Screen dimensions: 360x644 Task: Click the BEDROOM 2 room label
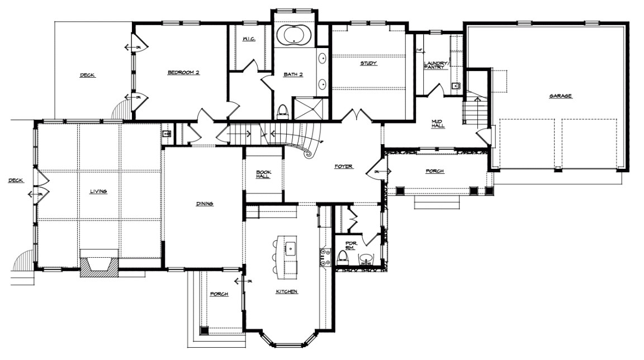click(183, 73)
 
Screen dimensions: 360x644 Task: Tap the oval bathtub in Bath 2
click(294, 36)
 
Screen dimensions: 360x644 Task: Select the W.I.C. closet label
click(249, 39)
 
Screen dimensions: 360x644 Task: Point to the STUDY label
click(368, 64)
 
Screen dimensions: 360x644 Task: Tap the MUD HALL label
click(438, 124)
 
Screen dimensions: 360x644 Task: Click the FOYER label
click(343, 167)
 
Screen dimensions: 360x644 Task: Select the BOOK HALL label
click(263, 174)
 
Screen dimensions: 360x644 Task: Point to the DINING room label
click(205, 204)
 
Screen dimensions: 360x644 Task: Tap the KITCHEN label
click(286, 292)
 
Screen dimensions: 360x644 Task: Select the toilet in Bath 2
click(282, 111)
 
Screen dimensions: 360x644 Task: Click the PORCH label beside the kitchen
click(219, 294)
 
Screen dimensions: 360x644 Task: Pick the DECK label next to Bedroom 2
click(87, 75)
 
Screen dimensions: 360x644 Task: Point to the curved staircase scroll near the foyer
click(308, 151)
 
